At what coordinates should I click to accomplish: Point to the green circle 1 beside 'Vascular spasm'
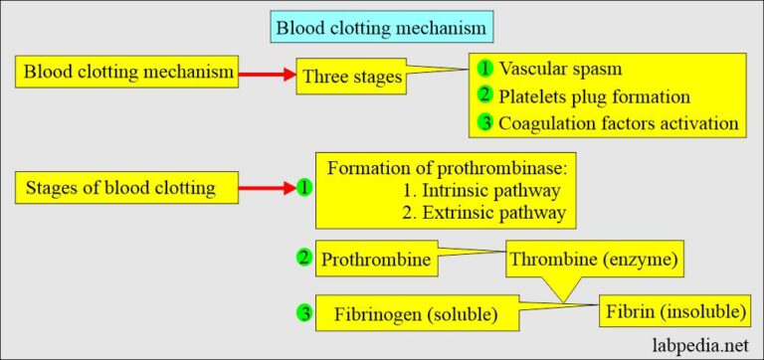483,69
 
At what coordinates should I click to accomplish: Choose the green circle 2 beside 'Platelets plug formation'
483,96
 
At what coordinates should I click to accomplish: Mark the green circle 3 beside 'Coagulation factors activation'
483,123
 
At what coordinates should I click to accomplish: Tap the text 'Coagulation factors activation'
619,123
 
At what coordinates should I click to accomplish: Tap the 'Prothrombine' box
377,260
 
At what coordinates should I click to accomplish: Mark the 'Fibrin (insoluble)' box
673,312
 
